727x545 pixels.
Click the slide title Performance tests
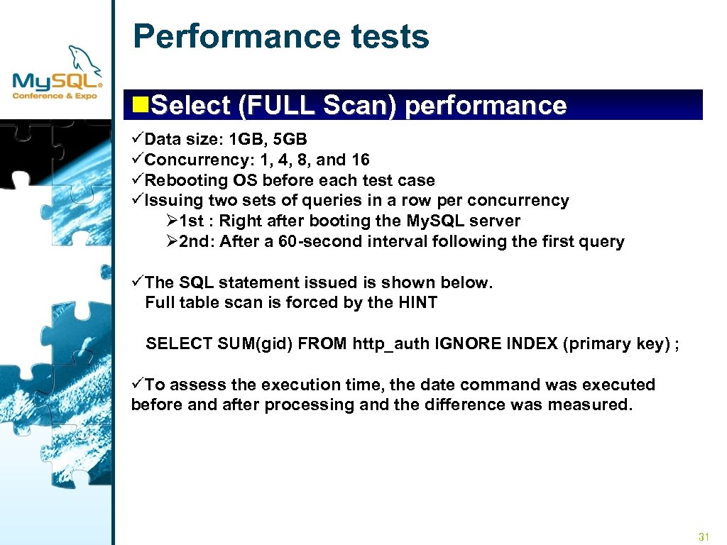pyautogui.click(x=281, y=37)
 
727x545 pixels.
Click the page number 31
pyautogui.click(x=704, y=536)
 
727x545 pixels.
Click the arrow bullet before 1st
pyautogui.click(x=170, y=221)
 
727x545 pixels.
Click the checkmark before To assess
pyautogui.click(x=138, y=385)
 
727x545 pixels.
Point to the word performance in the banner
pyautogui.click(x=486, y=106)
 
